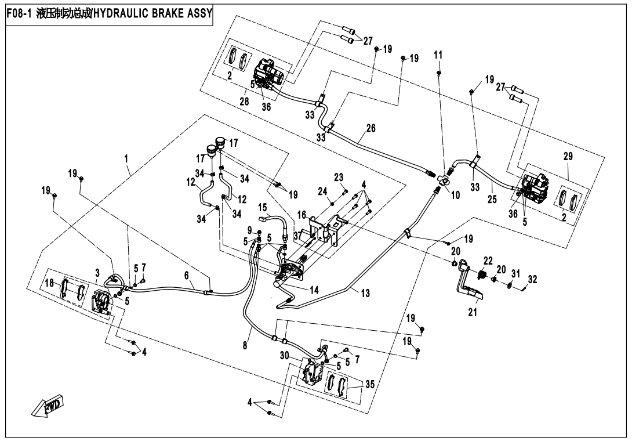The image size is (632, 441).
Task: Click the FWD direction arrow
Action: click(48, 407)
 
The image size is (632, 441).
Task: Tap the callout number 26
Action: click(370, 127)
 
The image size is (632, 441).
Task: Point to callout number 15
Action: click(262, 207)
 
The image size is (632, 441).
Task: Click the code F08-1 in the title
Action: click(19, 13)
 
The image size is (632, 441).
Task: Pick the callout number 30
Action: click(284, 355)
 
